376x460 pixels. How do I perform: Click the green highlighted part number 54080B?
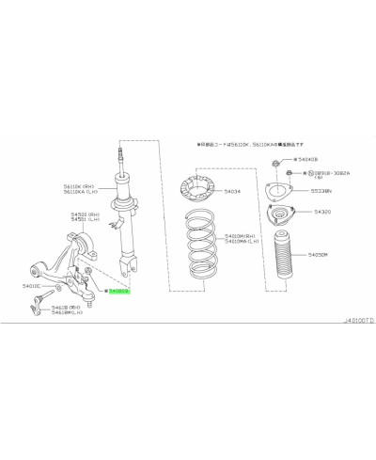click(x=119, y=292)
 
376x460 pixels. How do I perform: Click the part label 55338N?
click(x=323, y=191)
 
